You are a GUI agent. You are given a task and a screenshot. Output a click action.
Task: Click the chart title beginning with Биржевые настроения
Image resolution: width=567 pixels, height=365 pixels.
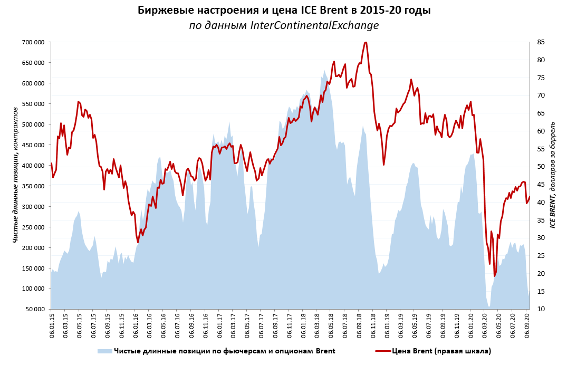pyautogui.click(x=283, y=11)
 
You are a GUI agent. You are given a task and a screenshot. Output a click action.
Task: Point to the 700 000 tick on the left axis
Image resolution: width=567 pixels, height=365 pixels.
pyautogui.click(x=33, y=42)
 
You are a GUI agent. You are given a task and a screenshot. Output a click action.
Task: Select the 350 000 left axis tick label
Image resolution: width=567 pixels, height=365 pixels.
pyautogui.click(x=33, y=186)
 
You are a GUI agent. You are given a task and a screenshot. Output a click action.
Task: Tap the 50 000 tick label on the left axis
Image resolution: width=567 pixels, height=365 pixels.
pyautogui.click(x=35, y=309)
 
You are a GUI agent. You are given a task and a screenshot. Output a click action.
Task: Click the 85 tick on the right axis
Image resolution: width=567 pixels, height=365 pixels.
pyautogui.click(x=540, y=42)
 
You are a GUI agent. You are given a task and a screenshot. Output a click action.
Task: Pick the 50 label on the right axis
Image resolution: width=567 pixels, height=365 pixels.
pyautogui.click(x=540, y=167)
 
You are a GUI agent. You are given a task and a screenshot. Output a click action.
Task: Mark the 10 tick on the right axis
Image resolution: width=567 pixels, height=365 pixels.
pyautogui.click(x=540, y=309)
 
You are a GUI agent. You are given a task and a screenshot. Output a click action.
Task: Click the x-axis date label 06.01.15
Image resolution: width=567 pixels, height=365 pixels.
pyautogui.click(x=52, y=328)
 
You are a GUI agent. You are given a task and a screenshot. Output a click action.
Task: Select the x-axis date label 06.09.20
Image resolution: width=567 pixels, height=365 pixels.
pyautogui.click(x=527, y=328)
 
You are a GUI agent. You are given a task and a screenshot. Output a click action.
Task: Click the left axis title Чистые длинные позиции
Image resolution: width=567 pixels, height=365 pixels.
pyautogui.click(x=15, y=175)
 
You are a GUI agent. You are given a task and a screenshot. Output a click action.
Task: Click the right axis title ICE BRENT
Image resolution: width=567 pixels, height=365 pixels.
pyautogui.click(x=553, y=175)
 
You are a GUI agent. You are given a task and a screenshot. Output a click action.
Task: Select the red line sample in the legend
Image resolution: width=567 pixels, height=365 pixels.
pyautogui.click(x=383, y=351)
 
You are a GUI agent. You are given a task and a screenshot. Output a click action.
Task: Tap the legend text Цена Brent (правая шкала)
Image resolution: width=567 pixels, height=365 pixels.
pyautogui.click(x=441, y=351)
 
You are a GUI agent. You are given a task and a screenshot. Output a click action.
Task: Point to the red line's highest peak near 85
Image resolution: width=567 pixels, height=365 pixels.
pyautogui.click(x=366, y=42)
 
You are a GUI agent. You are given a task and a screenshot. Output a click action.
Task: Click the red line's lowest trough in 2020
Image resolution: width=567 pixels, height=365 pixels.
pyautogui.click(x=495, y=276)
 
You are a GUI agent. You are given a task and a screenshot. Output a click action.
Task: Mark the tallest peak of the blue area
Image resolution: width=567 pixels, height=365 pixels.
pyautogui.click(x=324, y=70)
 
